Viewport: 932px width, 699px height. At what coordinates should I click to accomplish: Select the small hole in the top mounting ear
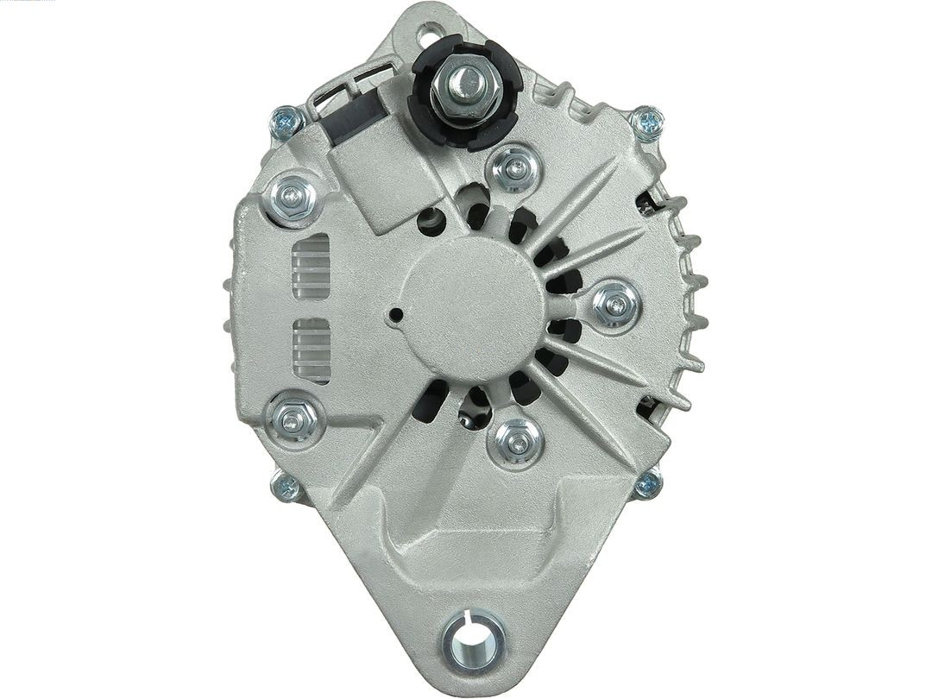[426, 35]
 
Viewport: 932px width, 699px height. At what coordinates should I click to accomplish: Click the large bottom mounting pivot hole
[473, 641]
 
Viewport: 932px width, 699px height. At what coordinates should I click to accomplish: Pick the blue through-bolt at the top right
[645, 123]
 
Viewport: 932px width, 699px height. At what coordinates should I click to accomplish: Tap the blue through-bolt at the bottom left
[285, 488]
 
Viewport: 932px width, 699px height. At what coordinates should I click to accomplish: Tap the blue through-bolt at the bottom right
[647, 485]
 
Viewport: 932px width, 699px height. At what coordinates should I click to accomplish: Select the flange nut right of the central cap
[617, 304]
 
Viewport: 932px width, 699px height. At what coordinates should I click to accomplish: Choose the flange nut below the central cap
[515, 443]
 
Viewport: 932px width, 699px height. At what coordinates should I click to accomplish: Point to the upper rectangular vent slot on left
[312, 265]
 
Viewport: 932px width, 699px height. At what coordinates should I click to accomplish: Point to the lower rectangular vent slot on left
[312, 349]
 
